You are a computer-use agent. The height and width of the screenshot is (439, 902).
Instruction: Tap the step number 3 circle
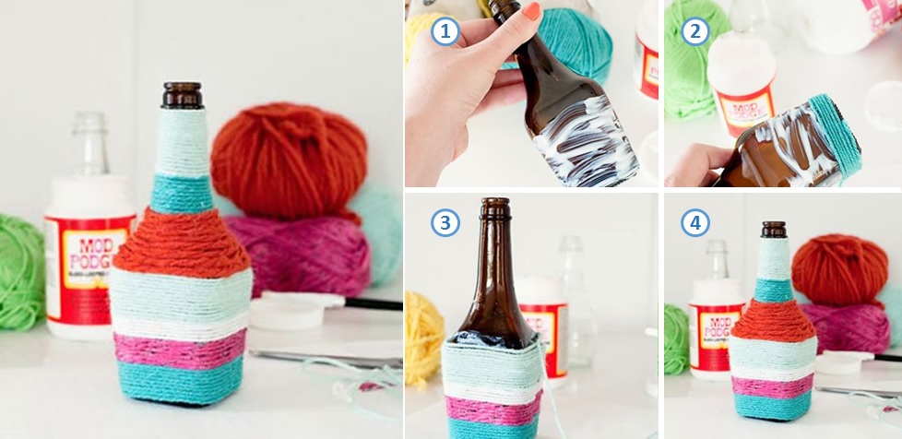(x=445, y=222)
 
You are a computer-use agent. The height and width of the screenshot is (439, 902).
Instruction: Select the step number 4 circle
(x=694, y=222)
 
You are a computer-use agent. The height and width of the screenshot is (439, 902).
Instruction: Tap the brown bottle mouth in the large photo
(x=182, y=94)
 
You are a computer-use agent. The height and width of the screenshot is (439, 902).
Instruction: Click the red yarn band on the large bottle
(x=182, y=244)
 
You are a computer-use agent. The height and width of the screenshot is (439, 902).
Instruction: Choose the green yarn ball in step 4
(x=676, y=337)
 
